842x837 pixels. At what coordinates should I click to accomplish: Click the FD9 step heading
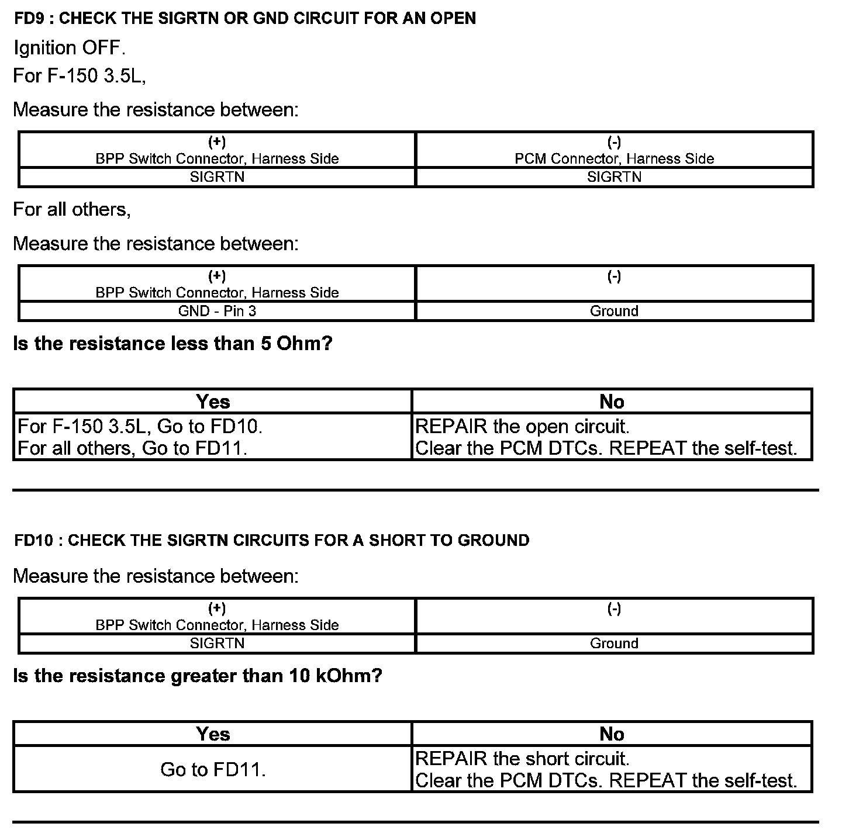pyautogui.click(x=245, y=18)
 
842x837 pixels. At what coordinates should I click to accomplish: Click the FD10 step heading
pyautogui.click(x=272, y=540)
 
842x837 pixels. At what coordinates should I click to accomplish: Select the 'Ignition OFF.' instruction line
pyautogui.click(x=70, y=48)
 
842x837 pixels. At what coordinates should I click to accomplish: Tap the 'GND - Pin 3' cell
pyautogui.click(x=217, y=311)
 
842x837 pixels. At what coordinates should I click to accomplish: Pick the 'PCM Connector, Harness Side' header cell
pyautogui.click(x=614, y=158)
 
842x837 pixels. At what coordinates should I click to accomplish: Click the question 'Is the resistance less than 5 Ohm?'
pyautogui.click(x=172, y=343)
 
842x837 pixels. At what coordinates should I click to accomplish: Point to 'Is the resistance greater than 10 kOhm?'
pyautogui.click(x=198, y=676)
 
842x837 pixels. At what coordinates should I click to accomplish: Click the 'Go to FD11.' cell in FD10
pyautogui.click(x=213, y=769)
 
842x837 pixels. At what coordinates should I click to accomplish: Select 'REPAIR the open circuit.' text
pyautogui.click(x=522, y=426)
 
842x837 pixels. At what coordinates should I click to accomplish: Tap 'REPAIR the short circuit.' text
pyautogui.click(x=522, y=759)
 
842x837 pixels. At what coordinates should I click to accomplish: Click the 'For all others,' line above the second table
pyautogui.click(x=72, y=209)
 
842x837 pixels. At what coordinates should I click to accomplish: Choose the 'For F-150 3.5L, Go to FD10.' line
pyautogui.click(x=140, y=426)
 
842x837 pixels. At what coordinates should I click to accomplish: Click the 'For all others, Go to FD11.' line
pyautogui.click(x=133, y=448)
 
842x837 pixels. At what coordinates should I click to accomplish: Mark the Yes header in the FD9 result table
pyautogui.click(x=213, y=402)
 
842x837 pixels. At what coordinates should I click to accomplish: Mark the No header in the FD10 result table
pyautogui.click(x=612, y=734)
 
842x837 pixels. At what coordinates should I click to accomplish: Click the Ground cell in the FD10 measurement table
pyautogui.click(x=614, y=644)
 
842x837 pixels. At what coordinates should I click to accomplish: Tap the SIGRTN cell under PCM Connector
pyautogui.click(x=614, y=177)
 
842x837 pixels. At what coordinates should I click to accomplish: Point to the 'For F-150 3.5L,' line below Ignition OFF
pyautogui.click(x=80, y=75)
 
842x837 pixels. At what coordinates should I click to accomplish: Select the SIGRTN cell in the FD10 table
pyautogui.click(x=217, y=644)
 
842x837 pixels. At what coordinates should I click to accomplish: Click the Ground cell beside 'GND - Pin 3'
pyautogui.click(x=614, y=311)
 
